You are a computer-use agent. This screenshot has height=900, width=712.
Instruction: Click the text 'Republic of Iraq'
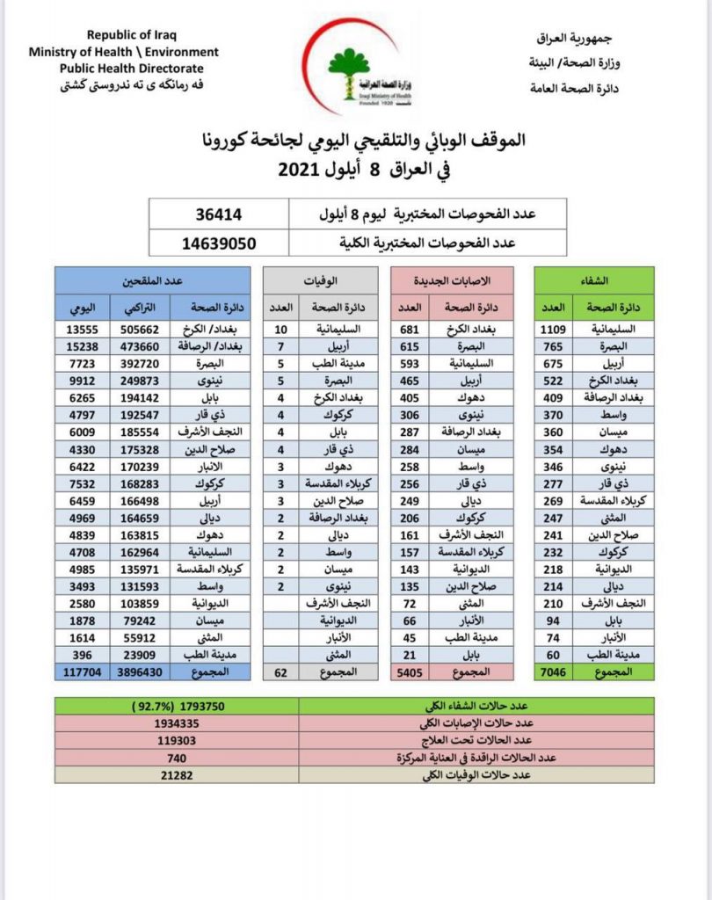pyautogui.click(x=131, y=36)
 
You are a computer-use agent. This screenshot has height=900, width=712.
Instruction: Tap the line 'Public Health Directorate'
pyautogui.click(x=131, y=69)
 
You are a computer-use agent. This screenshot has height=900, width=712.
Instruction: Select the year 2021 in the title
pyautogui.click(x=303, y=169)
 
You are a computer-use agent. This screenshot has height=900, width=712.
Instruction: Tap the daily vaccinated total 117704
pyautogui.click(x=81, y=671)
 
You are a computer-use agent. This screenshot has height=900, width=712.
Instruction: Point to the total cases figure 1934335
pyautogui.click(x=177, y=722)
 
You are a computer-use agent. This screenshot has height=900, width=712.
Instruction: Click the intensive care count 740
pyautogui.click(x=177, y=757)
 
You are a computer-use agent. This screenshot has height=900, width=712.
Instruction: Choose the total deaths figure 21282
pyautogui.click(x=177, y=774)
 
